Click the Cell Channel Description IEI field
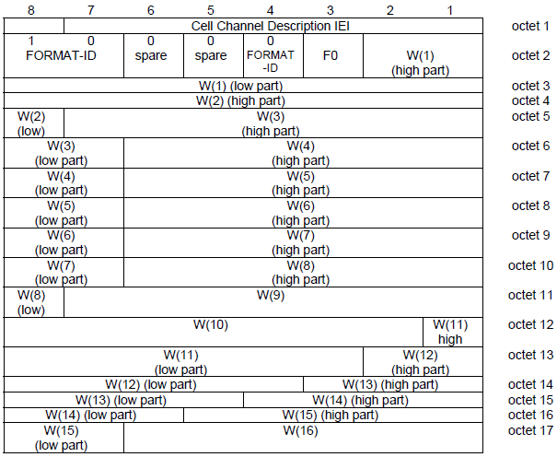tap(273, 26)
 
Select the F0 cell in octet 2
tap(333, 56)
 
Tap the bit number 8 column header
tap(31, 10)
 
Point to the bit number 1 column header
tap(449, 10)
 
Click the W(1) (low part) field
tap(243, 86)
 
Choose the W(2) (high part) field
tap(243, 100)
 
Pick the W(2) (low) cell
tap(34, 123)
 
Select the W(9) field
tap(273, 302)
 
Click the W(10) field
tap(214, 333)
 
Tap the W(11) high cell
tap(453, 333)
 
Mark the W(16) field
tap(304, 438)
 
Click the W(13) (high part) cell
tap(393, 384)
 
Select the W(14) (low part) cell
tap(94, 415)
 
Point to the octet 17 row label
tap(530, 430)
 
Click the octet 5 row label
tap(530, 116)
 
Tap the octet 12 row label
tap(530, 324)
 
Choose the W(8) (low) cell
tap(34, 302)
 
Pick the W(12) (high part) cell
tap(424, 362)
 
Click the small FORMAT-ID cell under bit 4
tap(273, 56)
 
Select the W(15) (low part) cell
tap(64, 438)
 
